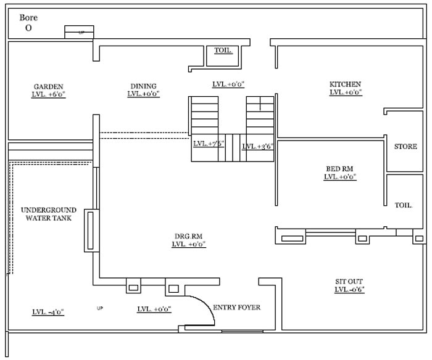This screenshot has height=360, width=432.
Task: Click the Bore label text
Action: click(28, 18)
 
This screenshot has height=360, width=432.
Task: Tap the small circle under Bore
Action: click(28, 28)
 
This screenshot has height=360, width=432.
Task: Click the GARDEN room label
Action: click(48, 86)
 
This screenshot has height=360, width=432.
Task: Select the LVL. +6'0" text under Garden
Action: click(48, 94)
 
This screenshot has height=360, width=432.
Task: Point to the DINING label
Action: click(143, 86)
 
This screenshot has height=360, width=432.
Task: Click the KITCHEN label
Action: click(345, 84)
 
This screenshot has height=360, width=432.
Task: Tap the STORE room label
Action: click(405, 147)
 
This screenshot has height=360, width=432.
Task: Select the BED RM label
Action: click(339, 169)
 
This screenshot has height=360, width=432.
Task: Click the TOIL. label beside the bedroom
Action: click(403, 205)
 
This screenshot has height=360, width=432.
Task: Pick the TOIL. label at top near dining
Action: click(223, 51)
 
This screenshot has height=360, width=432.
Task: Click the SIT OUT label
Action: click(349, 280)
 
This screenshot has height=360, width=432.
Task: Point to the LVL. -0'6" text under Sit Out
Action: click(349, 289)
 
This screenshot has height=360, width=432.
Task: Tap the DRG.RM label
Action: click(188, 236)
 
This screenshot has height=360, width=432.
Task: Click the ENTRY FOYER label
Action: click(236, 308)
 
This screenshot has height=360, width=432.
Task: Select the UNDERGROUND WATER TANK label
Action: click(48, 214)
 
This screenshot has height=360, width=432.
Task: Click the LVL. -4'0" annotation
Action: click(48, 312)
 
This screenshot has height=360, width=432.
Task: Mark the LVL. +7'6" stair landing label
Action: click(208, 144)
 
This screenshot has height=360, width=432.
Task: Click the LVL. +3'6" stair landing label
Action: click(257, 146)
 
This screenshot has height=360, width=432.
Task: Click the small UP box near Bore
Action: click(80, 31)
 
